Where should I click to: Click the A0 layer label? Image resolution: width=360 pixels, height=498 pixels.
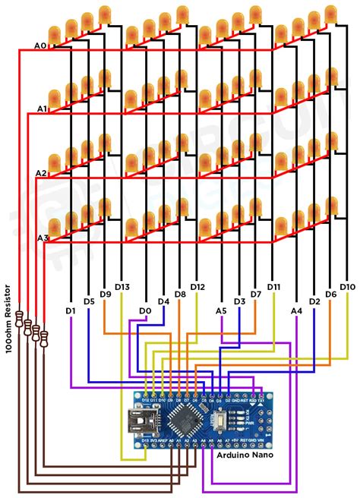41,46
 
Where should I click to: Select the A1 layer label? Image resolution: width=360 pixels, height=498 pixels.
43,109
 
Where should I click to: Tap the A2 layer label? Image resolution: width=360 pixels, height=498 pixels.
43,174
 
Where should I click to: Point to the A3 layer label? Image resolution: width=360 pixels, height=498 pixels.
43,238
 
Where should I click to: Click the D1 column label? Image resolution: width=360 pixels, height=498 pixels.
71,310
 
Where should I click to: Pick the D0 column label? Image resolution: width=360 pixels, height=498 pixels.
144,310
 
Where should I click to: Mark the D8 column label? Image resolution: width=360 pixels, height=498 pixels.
180,294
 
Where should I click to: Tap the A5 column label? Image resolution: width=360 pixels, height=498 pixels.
221,310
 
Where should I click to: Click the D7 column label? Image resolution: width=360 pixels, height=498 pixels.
256,294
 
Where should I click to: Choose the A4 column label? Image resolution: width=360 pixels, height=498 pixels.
296,310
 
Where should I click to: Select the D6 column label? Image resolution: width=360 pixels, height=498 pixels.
330,294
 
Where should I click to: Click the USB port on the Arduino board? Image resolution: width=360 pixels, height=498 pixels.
141,418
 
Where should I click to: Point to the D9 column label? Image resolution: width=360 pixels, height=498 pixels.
105,294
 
